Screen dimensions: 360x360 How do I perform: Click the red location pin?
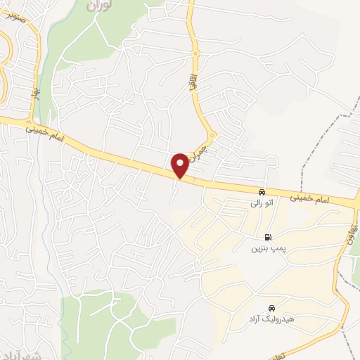pyautogui.click(x=181, y=165)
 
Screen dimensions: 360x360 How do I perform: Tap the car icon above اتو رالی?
pyautogui.click(x=262, y=192)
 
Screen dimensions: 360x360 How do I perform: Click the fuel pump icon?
pyautogui.click(x=268, y=238)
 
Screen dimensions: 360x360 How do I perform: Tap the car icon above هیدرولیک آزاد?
pyautogui.click(x=271, y=308)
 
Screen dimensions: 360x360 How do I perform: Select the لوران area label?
pyautogui.click(x=99, y=5)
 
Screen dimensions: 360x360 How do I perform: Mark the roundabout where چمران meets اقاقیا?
pyautogui.click(x=212, y=135)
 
